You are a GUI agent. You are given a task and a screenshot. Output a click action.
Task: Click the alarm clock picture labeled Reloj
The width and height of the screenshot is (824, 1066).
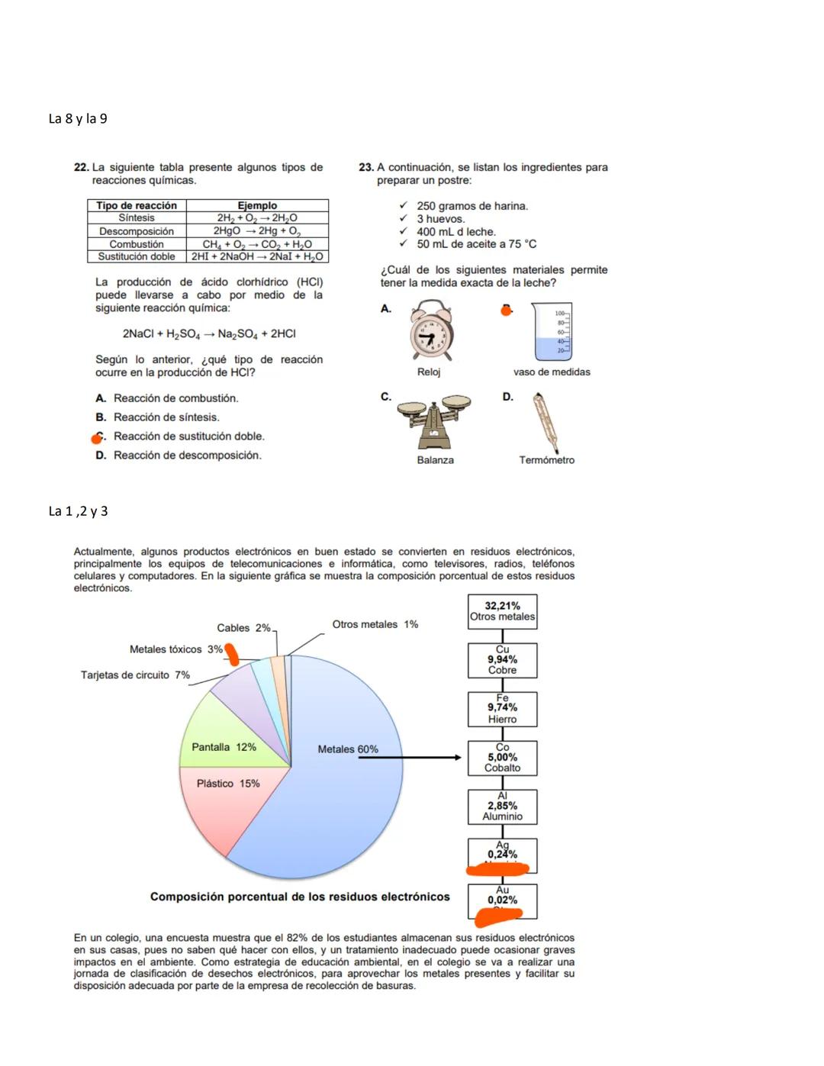point(432,332)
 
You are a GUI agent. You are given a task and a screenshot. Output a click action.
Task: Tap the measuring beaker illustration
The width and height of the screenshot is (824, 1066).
point(552,332)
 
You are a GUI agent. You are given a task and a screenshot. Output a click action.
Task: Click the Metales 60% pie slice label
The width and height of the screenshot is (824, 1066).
point(348,749)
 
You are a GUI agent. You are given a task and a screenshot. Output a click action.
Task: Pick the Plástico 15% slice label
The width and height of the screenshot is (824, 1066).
point(228,784)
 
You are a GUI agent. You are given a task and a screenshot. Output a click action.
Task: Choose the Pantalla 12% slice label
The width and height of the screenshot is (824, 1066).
point(224,747)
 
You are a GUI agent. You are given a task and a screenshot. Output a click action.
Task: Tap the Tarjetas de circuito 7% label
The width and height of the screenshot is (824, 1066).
point(135,675)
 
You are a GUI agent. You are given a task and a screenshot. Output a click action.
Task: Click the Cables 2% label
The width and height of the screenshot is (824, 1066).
point(243,628)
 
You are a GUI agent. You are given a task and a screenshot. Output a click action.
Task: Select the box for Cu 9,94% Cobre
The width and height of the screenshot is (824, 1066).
point(502,660)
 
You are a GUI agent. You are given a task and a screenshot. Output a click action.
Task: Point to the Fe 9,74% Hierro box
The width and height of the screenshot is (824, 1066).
point(502,709)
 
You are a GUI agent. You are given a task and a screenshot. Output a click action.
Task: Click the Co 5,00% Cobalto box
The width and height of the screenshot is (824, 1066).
point(502,758)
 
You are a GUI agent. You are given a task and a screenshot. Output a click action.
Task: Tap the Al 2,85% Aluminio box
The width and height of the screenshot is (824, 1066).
point(502,807)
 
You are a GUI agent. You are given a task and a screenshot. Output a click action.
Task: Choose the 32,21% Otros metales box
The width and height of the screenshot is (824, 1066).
point(502,612)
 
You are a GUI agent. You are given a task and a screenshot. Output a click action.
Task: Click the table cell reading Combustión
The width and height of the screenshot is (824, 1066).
point(137,244)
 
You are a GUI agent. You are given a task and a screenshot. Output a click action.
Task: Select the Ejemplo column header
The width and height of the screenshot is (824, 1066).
point(257,205)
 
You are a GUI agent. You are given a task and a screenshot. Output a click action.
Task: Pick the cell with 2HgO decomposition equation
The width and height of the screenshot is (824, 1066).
point(257,231)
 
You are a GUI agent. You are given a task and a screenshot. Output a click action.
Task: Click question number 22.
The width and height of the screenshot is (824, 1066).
point(81,168)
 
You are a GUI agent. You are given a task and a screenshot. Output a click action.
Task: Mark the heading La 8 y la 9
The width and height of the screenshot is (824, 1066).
point(78,119)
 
